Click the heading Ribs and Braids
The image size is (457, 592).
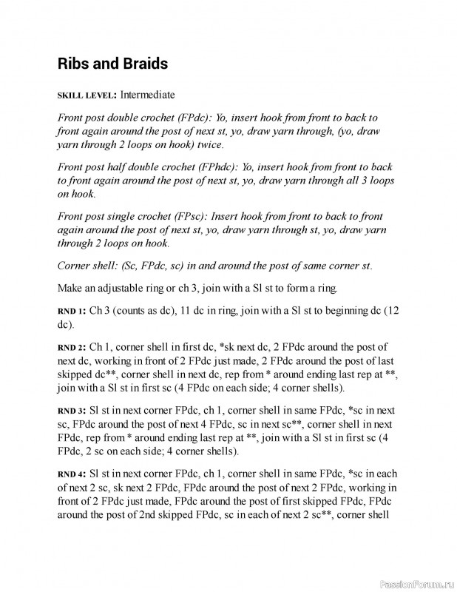click(112, 64)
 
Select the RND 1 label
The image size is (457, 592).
click(72, 310)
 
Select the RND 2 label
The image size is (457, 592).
click(72, 346)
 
